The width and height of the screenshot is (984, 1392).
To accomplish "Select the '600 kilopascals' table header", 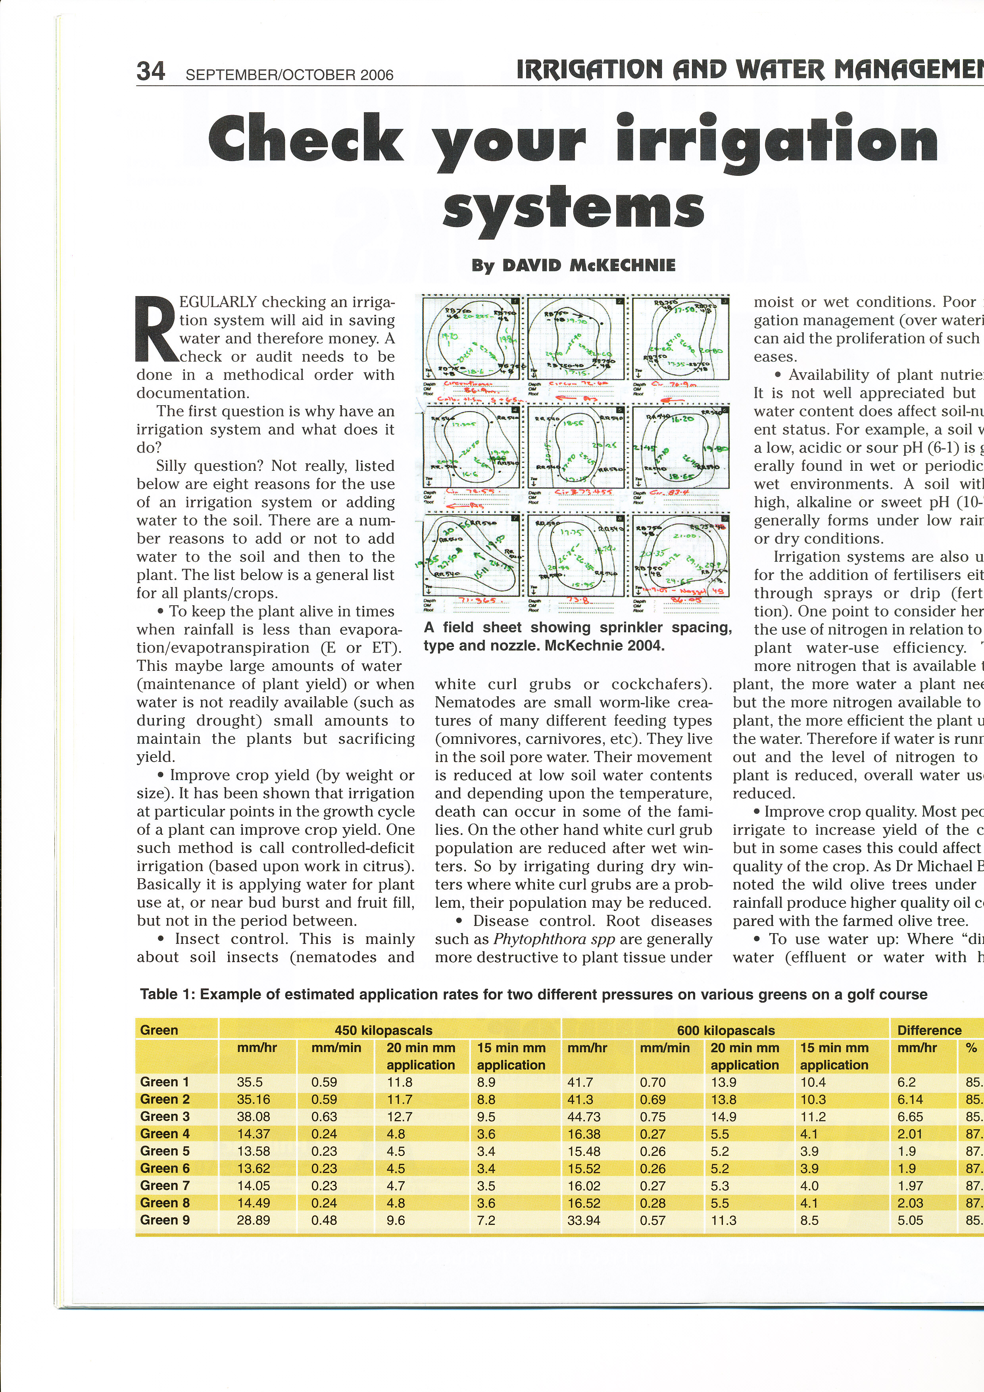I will [725, 1030].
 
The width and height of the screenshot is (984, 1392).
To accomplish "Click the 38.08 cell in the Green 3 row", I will [253, 1117].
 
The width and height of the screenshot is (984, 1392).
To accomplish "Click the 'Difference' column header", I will [929, 1030].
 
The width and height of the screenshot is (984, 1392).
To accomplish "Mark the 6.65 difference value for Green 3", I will [910, 1117].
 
